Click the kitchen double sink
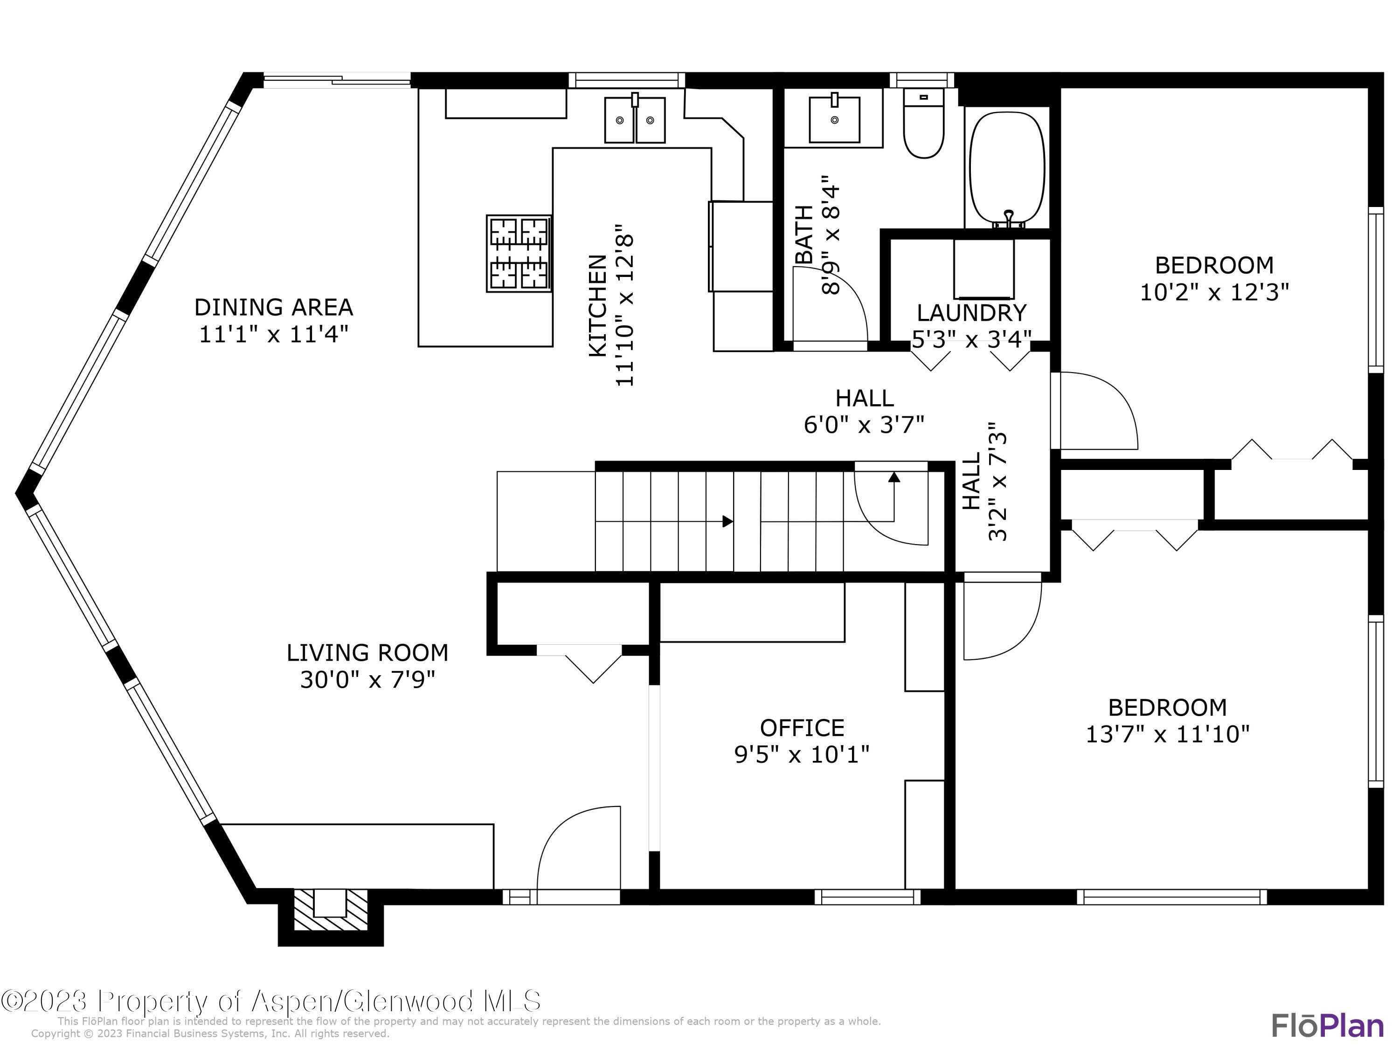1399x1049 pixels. tap(635, 119)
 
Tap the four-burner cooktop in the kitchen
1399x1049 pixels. tap(519, 254)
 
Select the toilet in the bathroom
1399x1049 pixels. tap(923, 123)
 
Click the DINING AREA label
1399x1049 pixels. tap(273, 307)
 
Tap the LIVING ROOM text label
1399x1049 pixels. tap(367, 653)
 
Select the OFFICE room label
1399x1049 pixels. tap(802, 728)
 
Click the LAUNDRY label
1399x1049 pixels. tap(971, 312)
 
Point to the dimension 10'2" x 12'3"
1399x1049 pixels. tap(1214, 292)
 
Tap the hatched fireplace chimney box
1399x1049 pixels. tap(331, 910)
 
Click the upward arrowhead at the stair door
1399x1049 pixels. tap(893, 477)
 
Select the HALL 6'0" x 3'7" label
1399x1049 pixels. tap(864, 412)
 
